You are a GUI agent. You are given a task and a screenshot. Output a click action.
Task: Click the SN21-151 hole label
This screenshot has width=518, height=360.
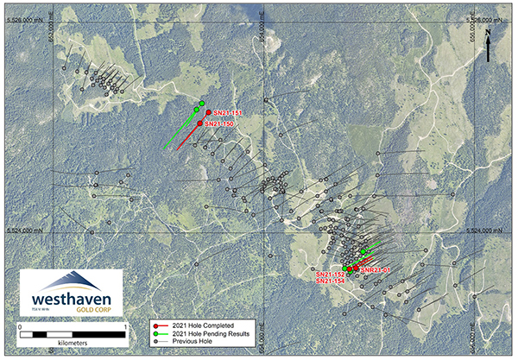point(229,113)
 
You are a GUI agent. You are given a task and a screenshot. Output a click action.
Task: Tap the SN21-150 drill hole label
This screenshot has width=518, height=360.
point(219,124)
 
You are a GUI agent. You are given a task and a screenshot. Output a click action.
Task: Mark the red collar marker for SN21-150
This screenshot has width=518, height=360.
point(200,123)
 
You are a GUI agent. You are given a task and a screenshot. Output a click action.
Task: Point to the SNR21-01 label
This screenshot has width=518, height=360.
point(376,270)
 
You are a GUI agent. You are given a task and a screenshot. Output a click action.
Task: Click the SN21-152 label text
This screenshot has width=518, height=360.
point(331,274)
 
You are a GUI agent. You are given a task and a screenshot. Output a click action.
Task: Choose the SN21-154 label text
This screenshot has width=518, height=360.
point(331,281)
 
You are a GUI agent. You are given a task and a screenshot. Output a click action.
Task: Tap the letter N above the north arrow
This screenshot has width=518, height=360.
point(489,32)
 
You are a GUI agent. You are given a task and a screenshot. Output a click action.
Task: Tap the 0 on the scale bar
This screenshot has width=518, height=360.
point(19,326)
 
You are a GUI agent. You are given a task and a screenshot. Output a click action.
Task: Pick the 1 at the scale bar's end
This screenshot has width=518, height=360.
point(126,326)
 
